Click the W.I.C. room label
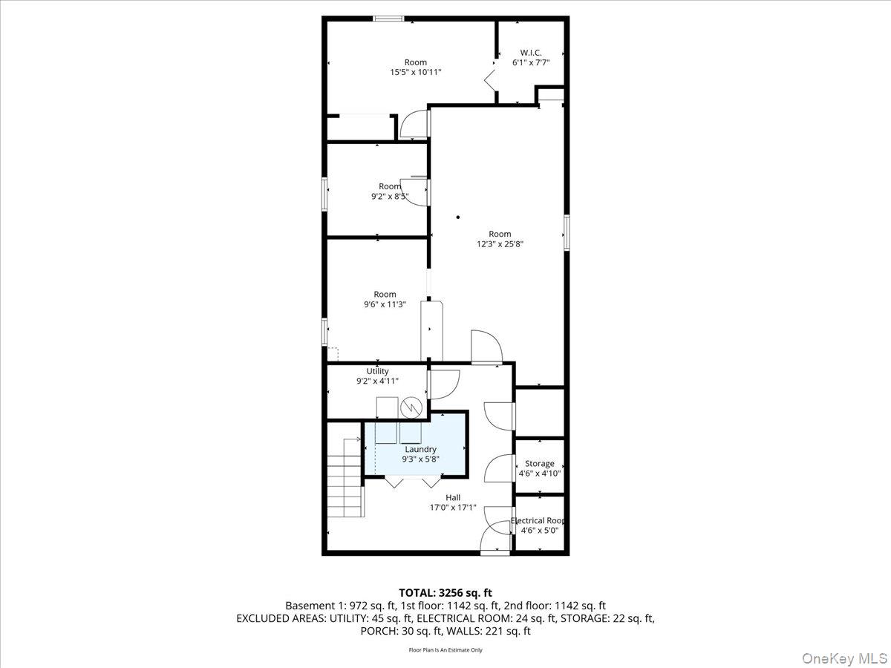point(530,53)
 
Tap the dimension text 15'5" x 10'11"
point(416,73)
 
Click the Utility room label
point(377,371)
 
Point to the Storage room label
point(539,464)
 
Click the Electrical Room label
point(539,521)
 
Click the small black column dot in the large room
point(458,217)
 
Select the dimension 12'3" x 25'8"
point(500,244)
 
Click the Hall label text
point(453,498)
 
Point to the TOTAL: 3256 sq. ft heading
point(445,592)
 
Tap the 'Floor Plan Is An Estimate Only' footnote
point(446,650)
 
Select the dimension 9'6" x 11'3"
point(385,304)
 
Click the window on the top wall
point(388,19)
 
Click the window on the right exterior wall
point(567,232)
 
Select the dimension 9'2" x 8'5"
point(390,197)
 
